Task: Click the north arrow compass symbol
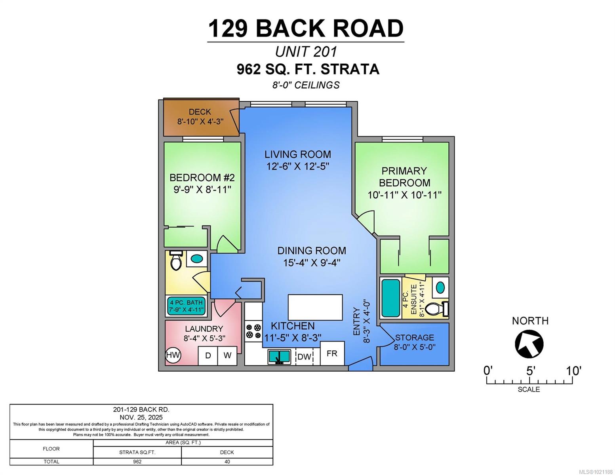click(x=529, y=344)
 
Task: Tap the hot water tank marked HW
click(x=173, y=355)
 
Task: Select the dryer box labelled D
click(x=208, y=355)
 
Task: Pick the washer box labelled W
click(x=227, y=355)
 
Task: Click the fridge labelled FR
click(x=332, y=353)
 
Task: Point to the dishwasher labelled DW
click(x=304, y=357)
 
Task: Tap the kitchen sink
click(x=279, y=357)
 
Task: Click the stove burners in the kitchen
click(x=253, y=331)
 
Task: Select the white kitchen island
click(x=315, y=307)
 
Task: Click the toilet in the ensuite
click(x=437, y=309)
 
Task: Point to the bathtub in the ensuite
click(x=391, y=298)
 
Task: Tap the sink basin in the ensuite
click(x=440, y=287)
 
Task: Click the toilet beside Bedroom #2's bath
click(x=176, y=261)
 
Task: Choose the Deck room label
click(x=200, y=112)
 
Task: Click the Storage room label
click(x=414, y=338)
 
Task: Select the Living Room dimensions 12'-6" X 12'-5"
click(x=298, y=166)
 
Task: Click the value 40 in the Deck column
click(x=227, y=462)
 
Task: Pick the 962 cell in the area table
click(x=137, y=462)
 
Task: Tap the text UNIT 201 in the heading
click(x=306, y=52)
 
